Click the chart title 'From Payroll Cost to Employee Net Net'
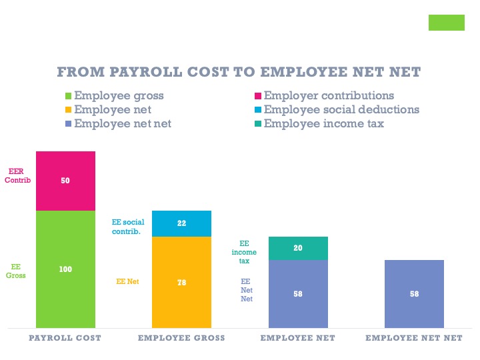point(239,72)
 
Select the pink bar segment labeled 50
point(65,181)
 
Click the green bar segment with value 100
point(65,269)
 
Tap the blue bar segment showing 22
point(181,223)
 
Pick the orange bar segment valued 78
point(181,282)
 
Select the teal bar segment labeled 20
point(298,248)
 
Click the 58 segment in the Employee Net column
point(298,293)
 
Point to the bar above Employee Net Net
point(414,293)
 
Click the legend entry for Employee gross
point(118,95)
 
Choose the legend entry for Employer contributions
point(328,95)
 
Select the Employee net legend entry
point(112,109)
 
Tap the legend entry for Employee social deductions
point(341,109)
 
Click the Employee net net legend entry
point(123,123)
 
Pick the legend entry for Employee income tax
point(323,123)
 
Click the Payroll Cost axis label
point(65,338)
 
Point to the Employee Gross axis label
point(181,338)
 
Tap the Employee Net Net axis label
point(414,338)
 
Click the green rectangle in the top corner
point(446,22)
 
